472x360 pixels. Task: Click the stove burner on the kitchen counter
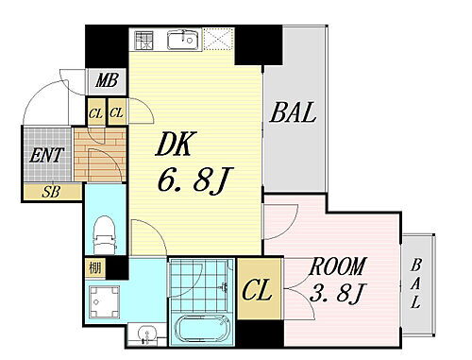coord(144,41)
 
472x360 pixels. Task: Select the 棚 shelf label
coord(95,266)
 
